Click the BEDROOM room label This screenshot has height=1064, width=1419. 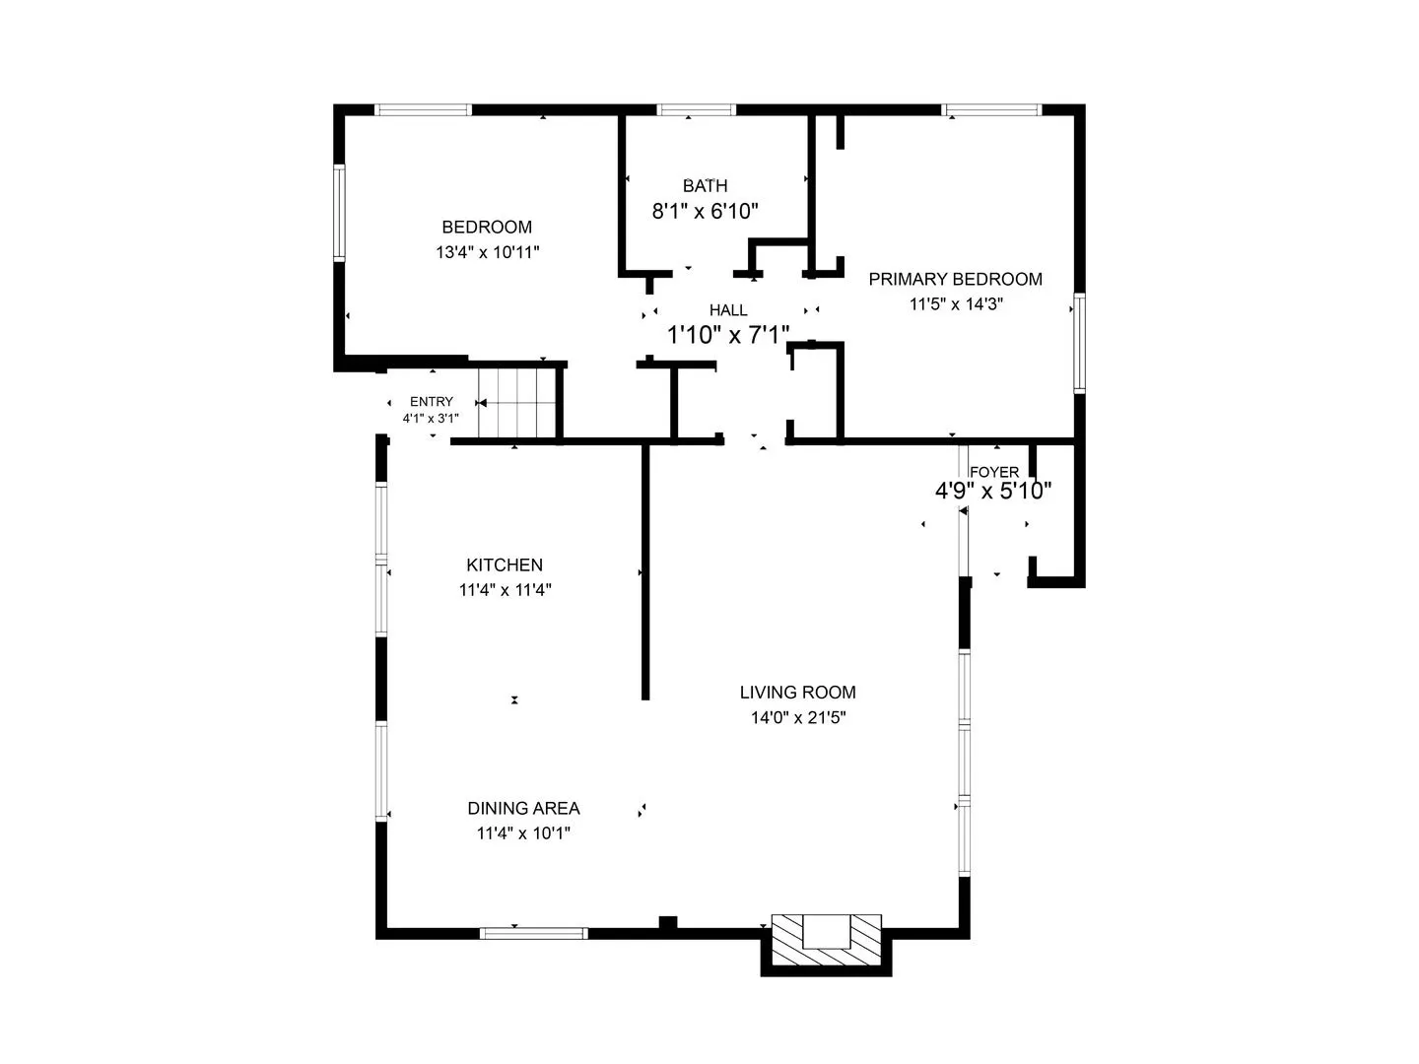(486, 227)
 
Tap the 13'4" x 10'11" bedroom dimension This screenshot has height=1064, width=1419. (487, 252)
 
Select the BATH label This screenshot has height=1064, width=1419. (705, 186)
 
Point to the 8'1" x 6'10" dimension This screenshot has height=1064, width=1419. (705, 211)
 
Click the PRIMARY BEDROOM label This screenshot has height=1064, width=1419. (955, 279)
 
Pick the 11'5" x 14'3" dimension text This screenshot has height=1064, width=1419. (956, 303)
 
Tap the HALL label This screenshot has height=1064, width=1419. (728, 310)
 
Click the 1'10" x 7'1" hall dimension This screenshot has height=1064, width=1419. (728, 335)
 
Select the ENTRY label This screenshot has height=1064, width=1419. (432, 401)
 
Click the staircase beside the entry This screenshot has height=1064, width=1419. (516, 403)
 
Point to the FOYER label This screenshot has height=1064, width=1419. (993, 472)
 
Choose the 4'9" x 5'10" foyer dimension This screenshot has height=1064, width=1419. (993, 491)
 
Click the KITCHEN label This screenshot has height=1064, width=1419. (505, 565)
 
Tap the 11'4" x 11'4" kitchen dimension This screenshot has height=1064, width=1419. (505, 590)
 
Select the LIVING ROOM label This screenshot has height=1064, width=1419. (798, 693)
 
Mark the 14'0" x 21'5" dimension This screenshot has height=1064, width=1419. (798, 718)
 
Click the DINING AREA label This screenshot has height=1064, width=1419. (523, 808)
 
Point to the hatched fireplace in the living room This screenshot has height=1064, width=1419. (826, 940)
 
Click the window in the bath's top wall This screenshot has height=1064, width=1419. (697, 109)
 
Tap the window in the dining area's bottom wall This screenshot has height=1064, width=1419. (533, 933)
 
